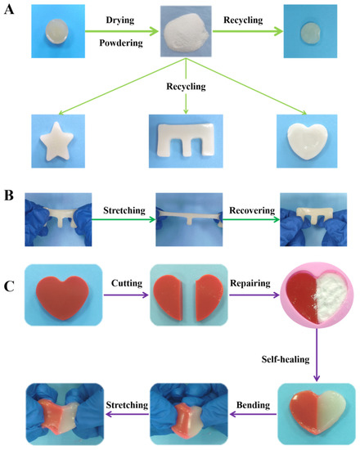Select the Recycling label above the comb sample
pos(179,85)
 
